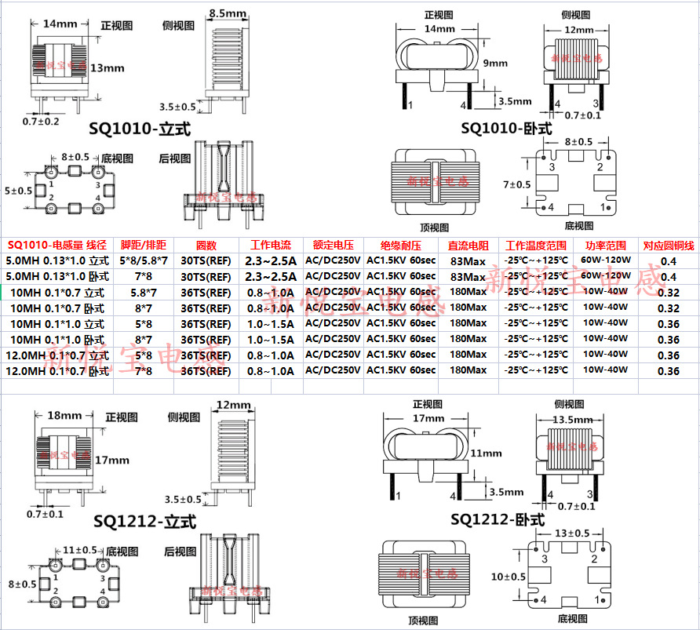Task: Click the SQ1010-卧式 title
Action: point(506,128)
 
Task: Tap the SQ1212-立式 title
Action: point(144,521)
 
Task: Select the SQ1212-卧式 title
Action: point(498,519)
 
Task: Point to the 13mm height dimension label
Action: point(107,68)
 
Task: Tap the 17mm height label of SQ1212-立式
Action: point(111,460)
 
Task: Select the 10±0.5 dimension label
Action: point(509,577)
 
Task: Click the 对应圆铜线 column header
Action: point(668,246)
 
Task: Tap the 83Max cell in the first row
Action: point(468,260)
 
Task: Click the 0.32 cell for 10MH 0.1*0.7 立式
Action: point(668,292)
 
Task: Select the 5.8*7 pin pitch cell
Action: point(142,292)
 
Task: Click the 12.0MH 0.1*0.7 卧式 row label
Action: point(57,370)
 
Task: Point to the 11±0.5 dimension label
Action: point(80,550)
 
